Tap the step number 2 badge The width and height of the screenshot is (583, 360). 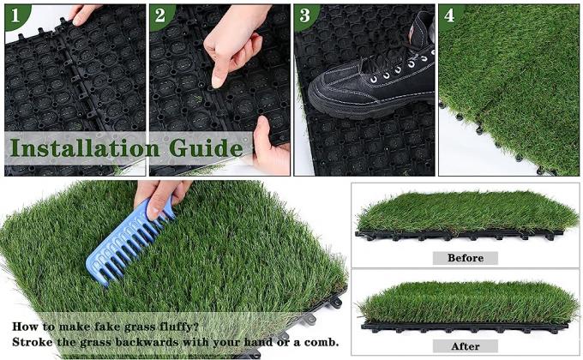(159, 15)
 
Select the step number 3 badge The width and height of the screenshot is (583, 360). (304, 15)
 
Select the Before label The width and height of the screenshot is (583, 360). (466, 257)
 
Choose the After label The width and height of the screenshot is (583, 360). (466, 345)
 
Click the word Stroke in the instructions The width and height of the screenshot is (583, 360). (33, 343)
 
